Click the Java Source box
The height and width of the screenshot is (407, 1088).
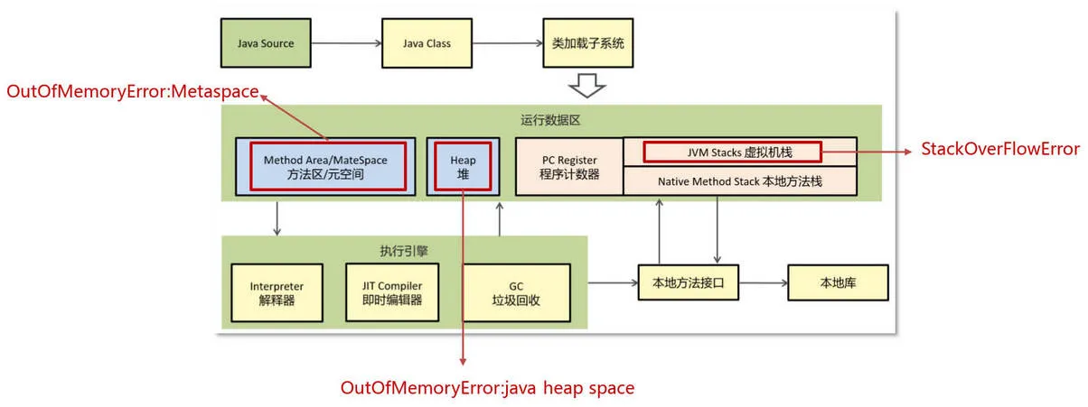(x=266, y=43)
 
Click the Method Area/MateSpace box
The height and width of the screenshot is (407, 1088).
(x=325, y=166)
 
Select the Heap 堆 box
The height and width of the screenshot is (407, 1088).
(x=463, y=166)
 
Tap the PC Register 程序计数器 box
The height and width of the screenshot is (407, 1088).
(x=569, y=166)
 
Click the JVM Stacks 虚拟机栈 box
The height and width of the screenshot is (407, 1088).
(x=731, y=151)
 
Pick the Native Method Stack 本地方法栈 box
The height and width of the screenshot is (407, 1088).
(x=740, y=180)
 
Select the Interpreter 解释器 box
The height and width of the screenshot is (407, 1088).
(x=277, y=293)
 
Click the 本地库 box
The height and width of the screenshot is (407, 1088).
(x=838, y=282)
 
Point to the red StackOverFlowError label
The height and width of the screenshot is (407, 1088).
(x=999, y=149)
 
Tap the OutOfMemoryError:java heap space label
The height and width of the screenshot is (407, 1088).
(x=487, y=388)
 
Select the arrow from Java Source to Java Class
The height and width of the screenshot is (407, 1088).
(x=347, y=43)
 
